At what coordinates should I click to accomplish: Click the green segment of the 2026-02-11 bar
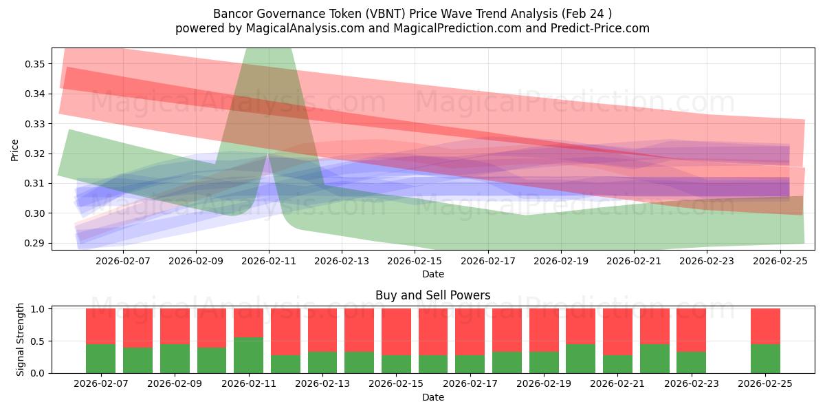248,355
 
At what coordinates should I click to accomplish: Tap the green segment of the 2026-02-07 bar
100,359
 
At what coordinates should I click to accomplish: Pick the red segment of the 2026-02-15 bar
396,332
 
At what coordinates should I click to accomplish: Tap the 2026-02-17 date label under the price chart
487,261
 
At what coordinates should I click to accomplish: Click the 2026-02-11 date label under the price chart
268,261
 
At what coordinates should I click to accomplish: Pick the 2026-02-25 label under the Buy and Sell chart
765,384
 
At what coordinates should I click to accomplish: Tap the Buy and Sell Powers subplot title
432,295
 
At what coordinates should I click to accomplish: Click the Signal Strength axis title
21,339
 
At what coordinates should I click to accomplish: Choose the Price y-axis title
14,149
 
